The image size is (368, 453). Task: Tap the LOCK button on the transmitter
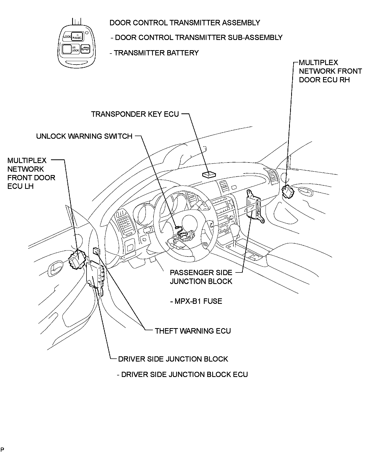pyautogui.click(x=67, y=37)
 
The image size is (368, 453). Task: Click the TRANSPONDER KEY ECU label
pyautogui.click(x=135, y=114)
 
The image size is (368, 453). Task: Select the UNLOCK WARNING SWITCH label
pyautogui.click(x=84, y=136)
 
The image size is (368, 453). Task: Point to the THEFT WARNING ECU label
pyautogui.click(x=193, y=331)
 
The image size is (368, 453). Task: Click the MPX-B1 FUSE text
pyautogui.click(x=196, y=301)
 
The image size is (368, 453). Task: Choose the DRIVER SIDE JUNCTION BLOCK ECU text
pyautogui.click(x=182, y=375)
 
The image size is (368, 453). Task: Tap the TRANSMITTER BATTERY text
pyautogui.click(x=154, y=53)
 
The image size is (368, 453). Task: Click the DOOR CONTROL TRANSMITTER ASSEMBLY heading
pyautogui.click(x=185, y=23)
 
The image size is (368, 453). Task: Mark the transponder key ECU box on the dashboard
pyautogui.click(x=209, y=175)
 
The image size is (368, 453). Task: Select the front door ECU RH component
pyautogui.click(x=288, y=191)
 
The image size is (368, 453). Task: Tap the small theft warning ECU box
pyautogui.click(x=96, y=251)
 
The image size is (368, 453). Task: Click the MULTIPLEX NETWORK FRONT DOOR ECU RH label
pyautogui.click(x=330, y=71)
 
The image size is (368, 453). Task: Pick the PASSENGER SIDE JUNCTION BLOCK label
pyautogui.click(x=201, y=277)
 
